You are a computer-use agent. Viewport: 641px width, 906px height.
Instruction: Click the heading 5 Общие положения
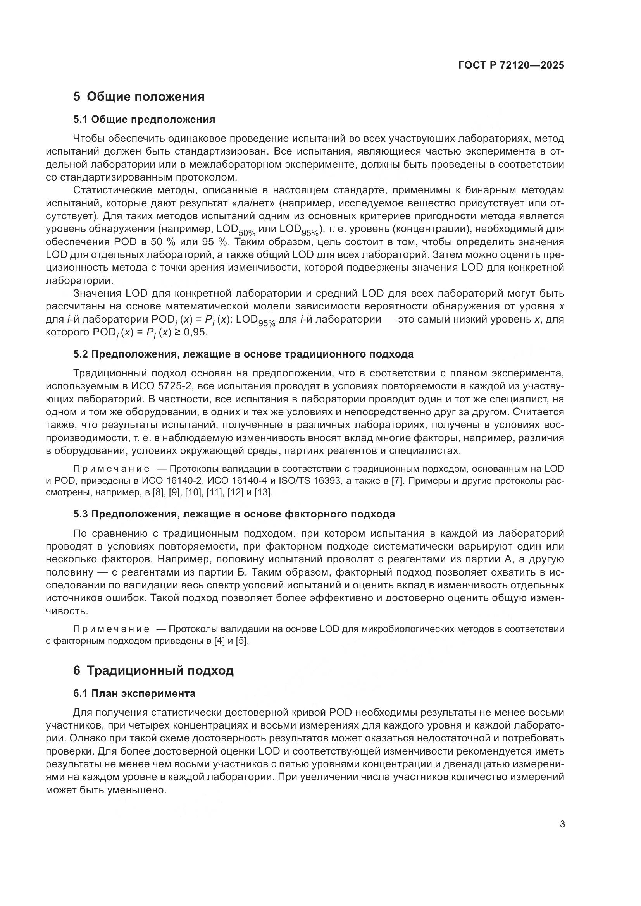[139, 96]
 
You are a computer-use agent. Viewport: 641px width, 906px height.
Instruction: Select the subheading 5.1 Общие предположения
[144, 119]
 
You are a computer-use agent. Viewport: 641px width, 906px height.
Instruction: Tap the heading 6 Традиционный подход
[153, 670]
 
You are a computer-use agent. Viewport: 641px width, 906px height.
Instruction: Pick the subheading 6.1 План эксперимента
[134, 693]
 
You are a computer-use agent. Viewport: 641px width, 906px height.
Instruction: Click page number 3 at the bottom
[562, 824]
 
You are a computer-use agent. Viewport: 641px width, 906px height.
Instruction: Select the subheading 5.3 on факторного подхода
[234, 514]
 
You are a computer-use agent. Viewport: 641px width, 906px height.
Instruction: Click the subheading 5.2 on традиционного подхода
[243, 354]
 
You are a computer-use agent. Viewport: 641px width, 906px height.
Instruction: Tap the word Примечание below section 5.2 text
[111, 469]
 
